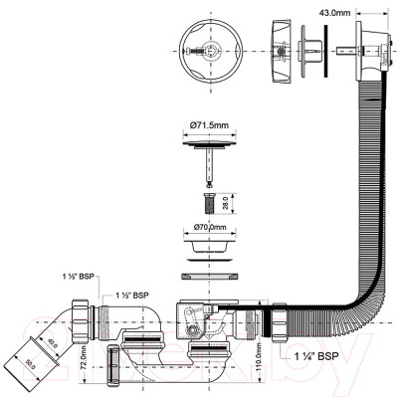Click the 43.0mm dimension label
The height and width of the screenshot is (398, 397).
point(334,13)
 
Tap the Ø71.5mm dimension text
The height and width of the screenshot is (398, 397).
point(209,125)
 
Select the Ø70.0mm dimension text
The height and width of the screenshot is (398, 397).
point(210,227)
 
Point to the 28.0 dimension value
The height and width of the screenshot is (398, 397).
point(226,203)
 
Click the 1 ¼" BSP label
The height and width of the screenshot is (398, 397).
point(316,356)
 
